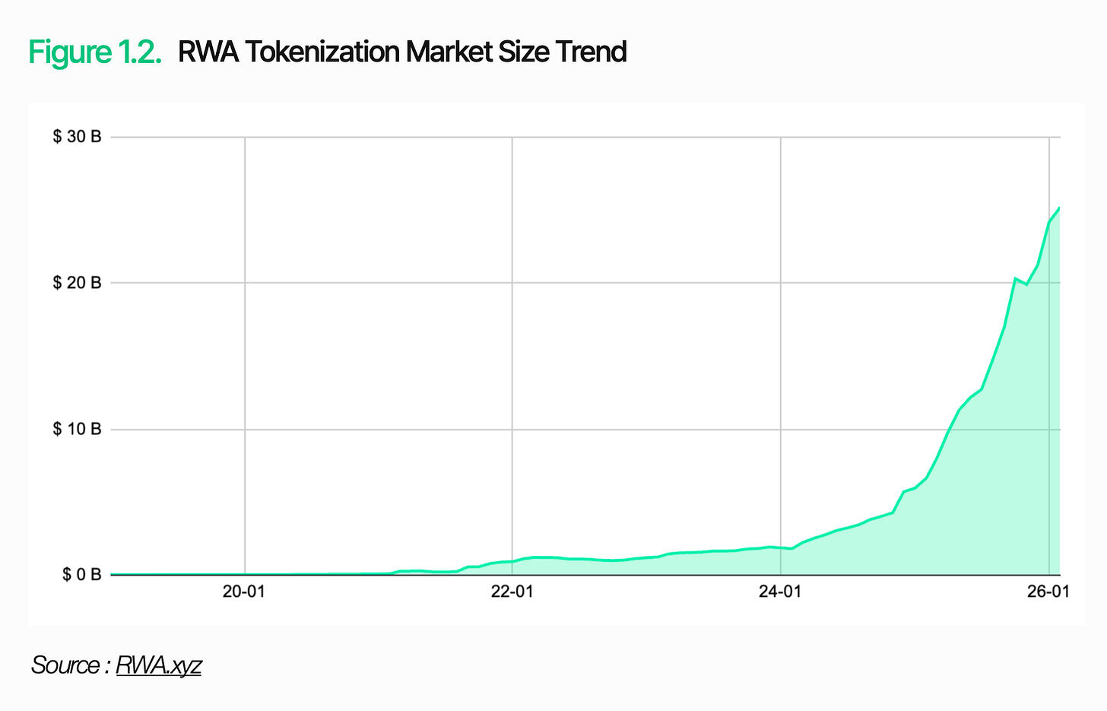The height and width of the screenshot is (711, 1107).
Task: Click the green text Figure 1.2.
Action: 95,52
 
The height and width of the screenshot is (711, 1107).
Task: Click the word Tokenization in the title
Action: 322,52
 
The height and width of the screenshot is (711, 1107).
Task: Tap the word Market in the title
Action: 449,52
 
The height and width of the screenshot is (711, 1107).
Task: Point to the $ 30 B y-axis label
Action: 77,137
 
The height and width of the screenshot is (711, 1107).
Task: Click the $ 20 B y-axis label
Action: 77,283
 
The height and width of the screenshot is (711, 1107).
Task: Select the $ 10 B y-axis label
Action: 77,429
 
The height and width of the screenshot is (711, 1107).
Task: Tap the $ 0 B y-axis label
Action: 81,574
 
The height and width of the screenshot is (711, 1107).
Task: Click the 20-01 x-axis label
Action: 244,592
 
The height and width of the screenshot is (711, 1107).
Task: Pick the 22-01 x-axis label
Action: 512,592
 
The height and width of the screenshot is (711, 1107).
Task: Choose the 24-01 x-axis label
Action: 780,592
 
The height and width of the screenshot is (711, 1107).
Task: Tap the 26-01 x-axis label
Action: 1048,592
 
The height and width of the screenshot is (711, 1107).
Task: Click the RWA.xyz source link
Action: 158,665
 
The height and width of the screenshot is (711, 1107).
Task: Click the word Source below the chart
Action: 65,665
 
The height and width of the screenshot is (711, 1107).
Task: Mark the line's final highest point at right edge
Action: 1059,207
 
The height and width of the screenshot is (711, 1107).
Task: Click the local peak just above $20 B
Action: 1015,278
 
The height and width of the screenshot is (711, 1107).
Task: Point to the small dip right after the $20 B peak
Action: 1026,284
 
